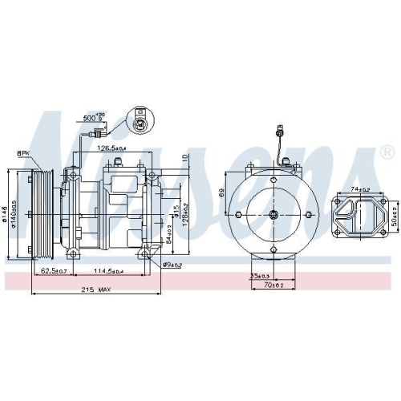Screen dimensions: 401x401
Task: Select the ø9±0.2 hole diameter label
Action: [172, 264]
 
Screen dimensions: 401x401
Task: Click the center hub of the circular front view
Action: [273, 215]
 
